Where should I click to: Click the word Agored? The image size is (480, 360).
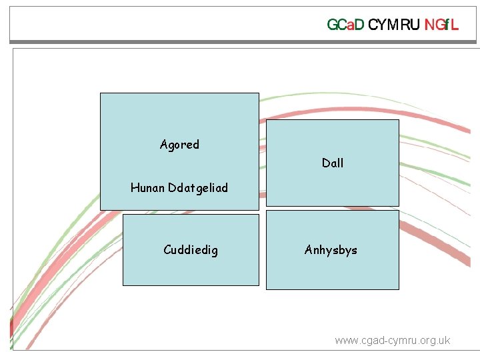tap(179, 145)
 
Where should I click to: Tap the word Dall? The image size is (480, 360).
tap(333, 163)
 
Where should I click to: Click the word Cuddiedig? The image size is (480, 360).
tap(191, 251)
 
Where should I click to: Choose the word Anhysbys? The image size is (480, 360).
tap(331, 251)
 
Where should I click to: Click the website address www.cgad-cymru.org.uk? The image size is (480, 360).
tap(392, 341)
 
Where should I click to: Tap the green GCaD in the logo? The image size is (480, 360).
tap(345, 25)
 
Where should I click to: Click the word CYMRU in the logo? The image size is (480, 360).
tap(394, 25)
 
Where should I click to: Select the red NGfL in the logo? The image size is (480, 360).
tap(442, 25)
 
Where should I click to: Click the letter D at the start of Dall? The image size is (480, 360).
tap(325, 163)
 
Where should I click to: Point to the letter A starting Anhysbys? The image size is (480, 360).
tap(309, 251)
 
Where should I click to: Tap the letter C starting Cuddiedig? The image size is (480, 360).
tap(167, 251)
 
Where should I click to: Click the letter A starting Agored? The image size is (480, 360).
tap(164, 145)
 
